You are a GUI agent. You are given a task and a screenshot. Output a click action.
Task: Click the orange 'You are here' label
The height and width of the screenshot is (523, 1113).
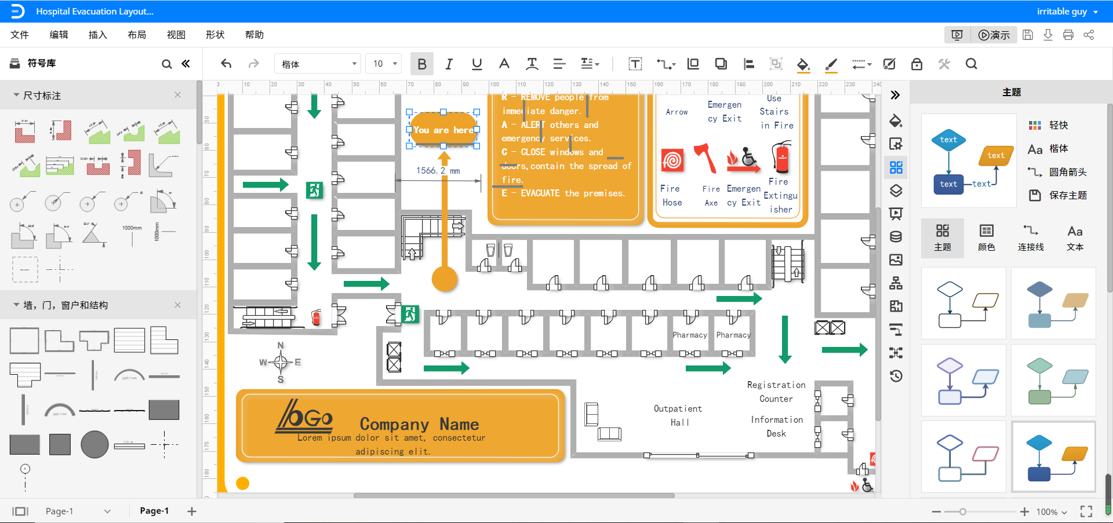pos(443,130)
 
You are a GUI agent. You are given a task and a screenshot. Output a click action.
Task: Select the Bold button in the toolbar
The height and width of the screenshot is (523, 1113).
pos(422,64)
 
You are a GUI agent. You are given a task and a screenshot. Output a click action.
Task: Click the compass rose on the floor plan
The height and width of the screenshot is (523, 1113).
pos(281,363)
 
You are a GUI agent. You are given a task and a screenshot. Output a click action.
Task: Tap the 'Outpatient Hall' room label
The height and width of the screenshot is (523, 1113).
pos(678,415)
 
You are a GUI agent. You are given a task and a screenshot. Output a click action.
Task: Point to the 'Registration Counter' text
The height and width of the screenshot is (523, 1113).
pos(776,392)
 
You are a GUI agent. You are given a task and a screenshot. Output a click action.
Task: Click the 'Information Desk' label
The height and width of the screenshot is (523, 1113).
pos(777,426)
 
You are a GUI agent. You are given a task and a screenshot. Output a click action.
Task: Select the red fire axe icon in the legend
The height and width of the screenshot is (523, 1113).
pos(705,159)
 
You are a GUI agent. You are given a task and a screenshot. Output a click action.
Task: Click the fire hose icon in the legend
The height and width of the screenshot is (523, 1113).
pos(672,160)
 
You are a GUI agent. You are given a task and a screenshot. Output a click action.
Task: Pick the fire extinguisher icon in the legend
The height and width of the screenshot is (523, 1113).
pos(782,157)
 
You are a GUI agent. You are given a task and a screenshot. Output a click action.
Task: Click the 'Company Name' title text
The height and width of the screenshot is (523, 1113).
pos(419,424)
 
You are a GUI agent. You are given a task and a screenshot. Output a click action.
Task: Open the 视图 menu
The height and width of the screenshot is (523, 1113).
pos(176,35)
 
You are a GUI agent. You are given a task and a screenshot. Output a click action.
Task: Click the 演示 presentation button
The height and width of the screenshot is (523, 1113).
pos(994,35)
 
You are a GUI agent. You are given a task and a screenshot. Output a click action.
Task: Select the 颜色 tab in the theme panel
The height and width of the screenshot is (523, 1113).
pos(987,237)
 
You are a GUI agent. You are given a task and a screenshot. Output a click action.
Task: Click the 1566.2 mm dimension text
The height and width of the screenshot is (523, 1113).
pos(438,171)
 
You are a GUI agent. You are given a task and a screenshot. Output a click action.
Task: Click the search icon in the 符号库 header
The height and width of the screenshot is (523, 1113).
pos(166,64)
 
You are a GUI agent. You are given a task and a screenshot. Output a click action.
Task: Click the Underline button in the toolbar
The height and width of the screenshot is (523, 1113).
pos(477,64)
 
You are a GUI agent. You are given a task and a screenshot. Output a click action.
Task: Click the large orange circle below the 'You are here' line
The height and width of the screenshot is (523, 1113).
pos(445,279)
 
